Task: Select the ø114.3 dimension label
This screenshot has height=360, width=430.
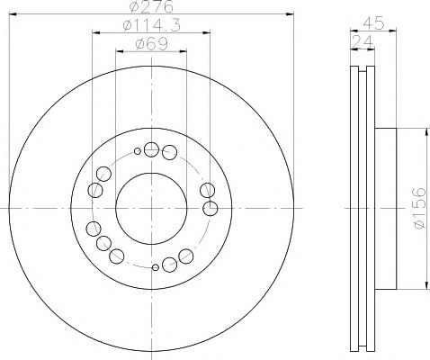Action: point(148,27)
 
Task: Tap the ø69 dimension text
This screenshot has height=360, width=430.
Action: point(148,45)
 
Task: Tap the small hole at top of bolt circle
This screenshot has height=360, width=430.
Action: point(137,151)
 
